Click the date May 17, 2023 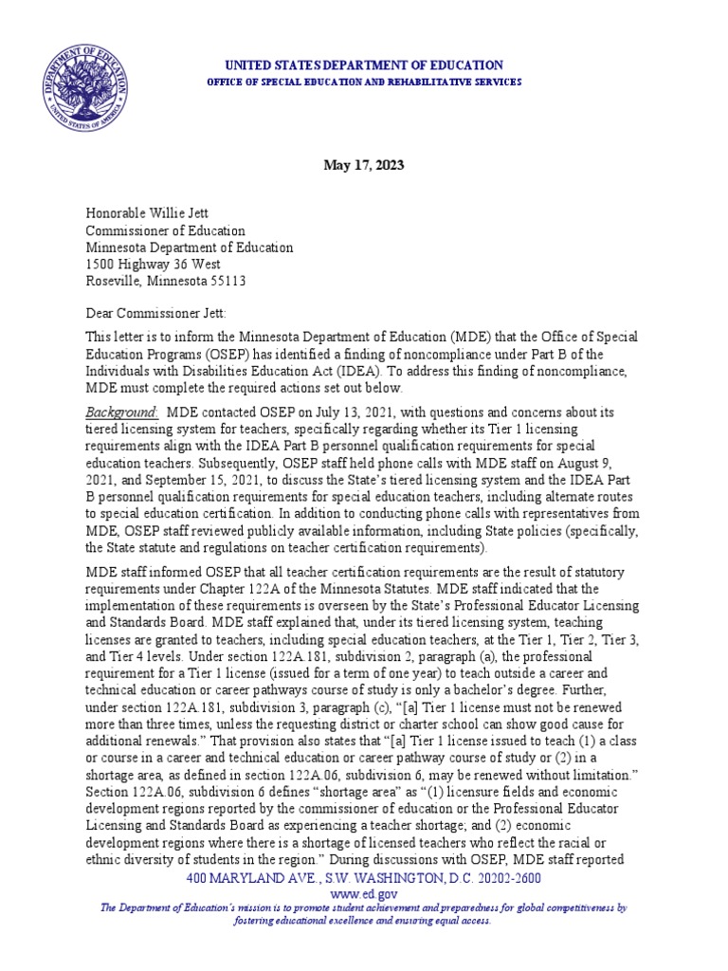[364, 165]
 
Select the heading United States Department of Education [363, 64]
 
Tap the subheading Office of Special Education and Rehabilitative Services [363, 82]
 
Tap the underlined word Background [122, 412]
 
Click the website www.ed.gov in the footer [364, 893]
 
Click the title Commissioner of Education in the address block [166, 230]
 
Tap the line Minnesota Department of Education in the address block [190, 247]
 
